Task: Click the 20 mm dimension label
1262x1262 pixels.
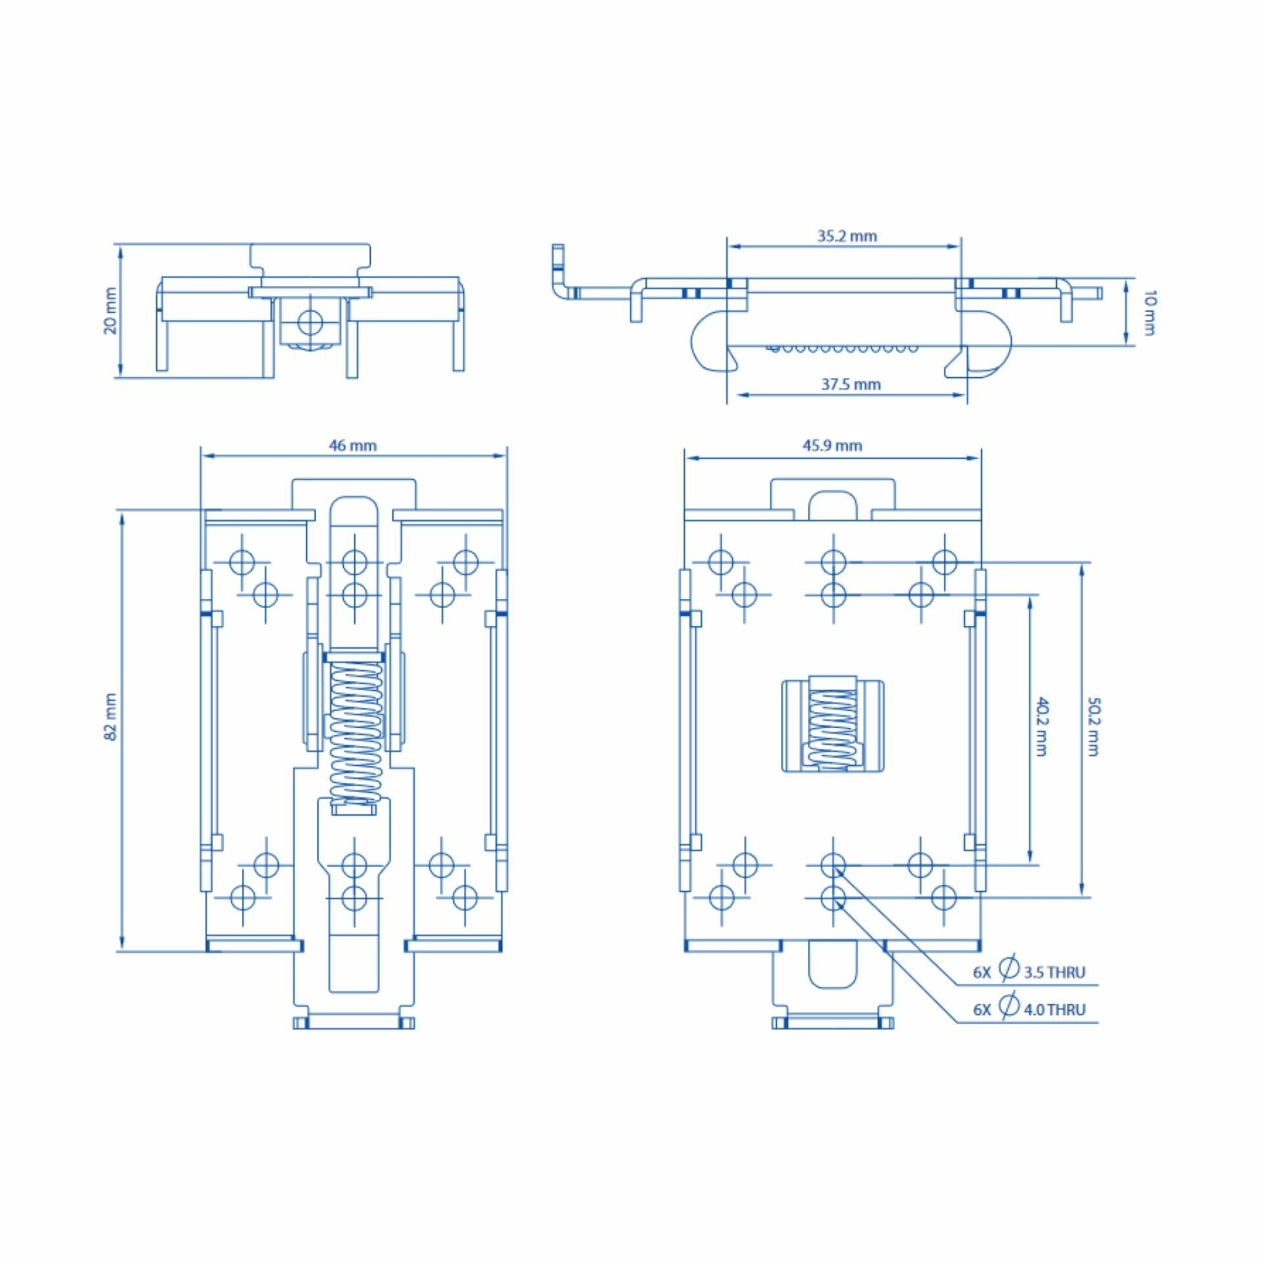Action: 110,311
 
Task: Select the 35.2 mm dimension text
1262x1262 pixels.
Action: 847,236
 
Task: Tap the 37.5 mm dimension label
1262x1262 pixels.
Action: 851,385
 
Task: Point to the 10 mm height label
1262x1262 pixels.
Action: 1149,313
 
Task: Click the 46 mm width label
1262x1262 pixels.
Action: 353,446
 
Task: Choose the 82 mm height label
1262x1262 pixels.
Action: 110,716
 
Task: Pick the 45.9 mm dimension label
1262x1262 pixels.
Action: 831,446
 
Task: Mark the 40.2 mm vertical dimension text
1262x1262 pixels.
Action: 1041,727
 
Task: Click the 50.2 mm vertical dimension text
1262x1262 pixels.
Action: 1093,727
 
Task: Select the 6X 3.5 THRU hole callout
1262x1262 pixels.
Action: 1029,971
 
